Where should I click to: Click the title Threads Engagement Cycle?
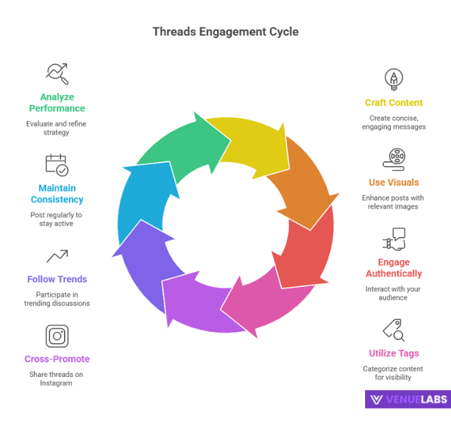coord(225,32)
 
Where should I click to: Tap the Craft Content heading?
coord(394,103)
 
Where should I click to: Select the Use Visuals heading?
coord(394,183)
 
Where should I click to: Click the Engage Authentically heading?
coord(394,268)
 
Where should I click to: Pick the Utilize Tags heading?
coord(394,353)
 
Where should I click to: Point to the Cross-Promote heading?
coord(57,359)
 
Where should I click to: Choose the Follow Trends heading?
coord(57,279)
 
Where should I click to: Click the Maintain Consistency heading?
coord(57,193)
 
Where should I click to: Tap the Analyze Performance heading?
coord(57,103)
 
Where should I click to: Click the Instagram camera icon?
coord(57,335)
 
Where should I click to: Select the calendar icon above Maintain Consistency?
coord(57,165)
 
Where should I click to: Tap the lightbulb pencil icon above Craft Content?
coord(394,78)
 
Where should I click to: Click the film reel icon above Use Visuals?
coord(394,158)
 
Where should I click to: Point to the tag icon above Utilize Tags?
coord(393,329)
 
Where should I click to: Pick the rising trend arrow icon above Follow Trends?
coord(57,256)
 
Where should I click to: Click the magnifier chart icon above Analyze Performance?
coord(57,72)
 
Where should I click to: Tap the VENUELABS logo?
coord(407,399)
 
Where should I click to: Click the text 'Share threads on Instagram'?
coord(57,379)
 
